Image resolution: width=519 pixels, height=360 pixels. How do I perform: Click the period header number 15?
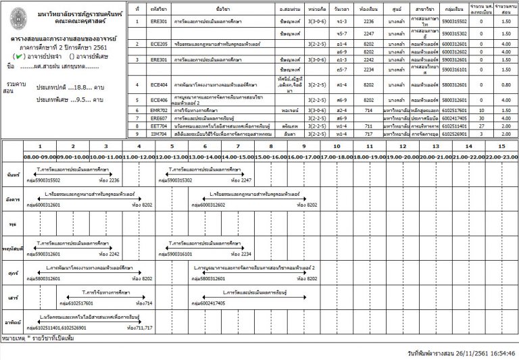(x=500, y=146)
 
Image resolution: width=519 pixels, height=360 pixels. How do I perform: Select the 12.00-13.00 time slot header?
(x=171, y=155)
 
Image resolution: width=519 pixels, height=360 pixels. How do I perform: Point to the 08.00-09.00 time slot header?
(x=39, y=155)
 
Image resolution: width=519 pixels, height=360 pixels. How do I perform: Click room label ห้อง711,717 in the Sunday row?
(x=140, y=328)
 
